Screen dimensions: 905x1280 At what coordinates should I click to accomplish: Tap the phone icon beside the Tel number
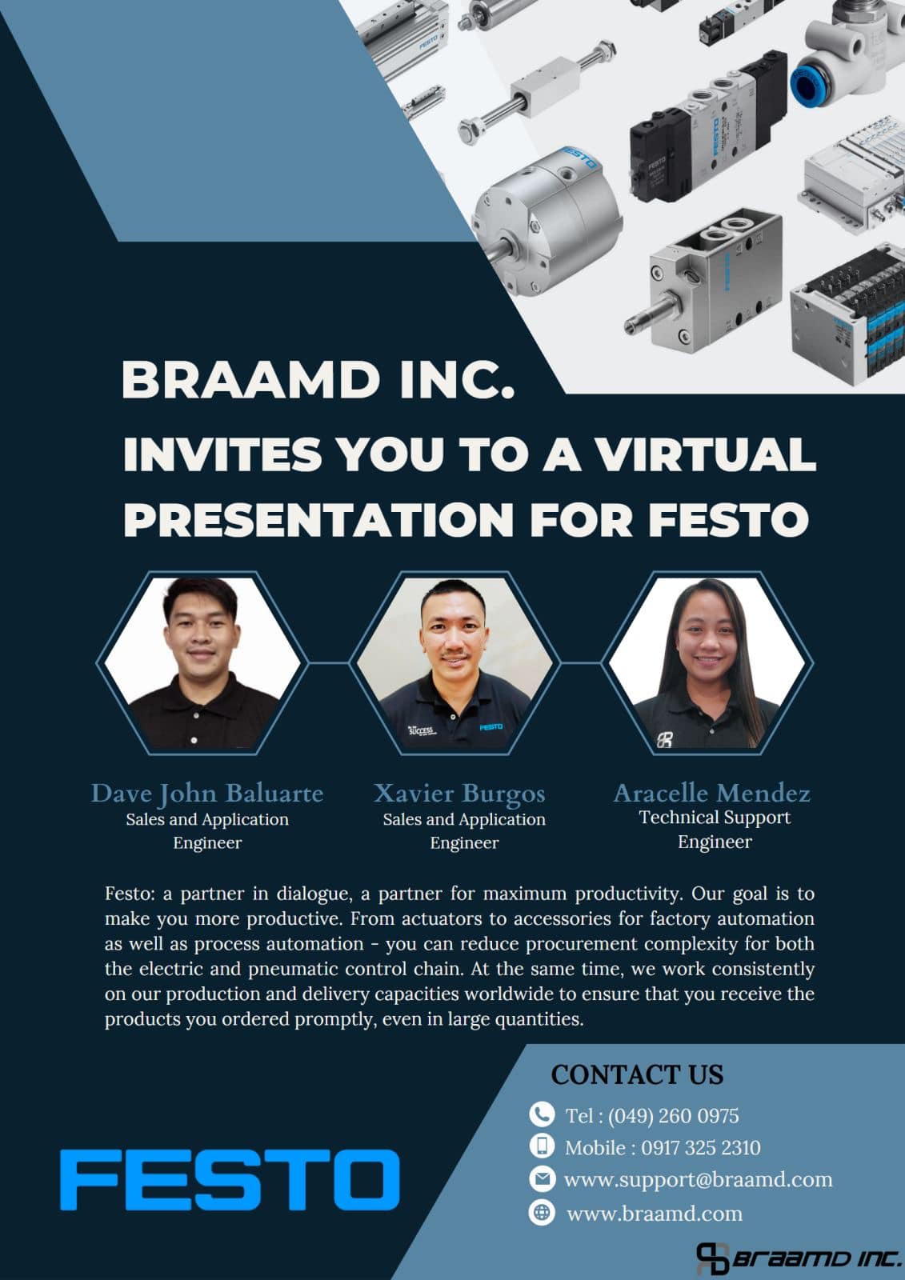[542, 1114]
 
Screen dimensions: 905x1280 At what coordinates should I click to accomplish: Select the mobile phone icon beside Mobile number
[542, 1146]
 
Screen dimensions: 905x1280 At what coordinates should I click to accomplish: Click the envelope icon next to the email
[542, 1179]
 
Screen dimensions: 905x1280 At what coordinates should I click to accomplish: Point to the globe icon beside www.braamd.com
[542, 1212]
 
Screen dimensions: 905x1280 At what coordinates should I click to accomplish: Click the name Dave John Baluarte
[207, 794]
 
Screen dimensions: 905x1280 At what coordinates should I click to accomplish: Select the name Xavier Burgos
[459, 793]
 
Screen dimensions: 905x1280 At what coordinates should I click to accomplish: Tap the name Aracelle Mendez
[712, 793]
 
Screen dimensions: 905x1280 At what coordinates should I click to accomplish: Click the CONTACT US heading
[637, 1074]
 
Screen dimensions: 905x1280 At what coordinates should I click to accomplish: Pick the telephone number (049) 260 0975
[673, 1115]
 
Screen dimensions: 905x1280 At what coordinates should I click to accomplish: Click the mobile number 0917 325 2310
[700, 1147]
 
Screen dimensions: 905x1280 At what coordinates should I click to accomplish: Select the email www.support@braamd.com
[698, 1180]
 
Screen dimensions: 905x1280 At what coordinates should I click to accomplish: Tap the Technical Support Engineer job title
[715, 829]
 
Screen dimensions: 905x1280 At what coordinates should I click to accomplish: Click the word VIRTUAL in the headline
[704, 455]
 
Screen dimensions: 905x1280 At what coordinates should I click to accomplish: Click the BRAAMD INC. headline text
[318, 381]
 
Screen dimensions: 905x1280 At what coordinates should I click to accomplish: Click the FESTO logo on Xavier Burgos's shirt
[491, 727]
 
